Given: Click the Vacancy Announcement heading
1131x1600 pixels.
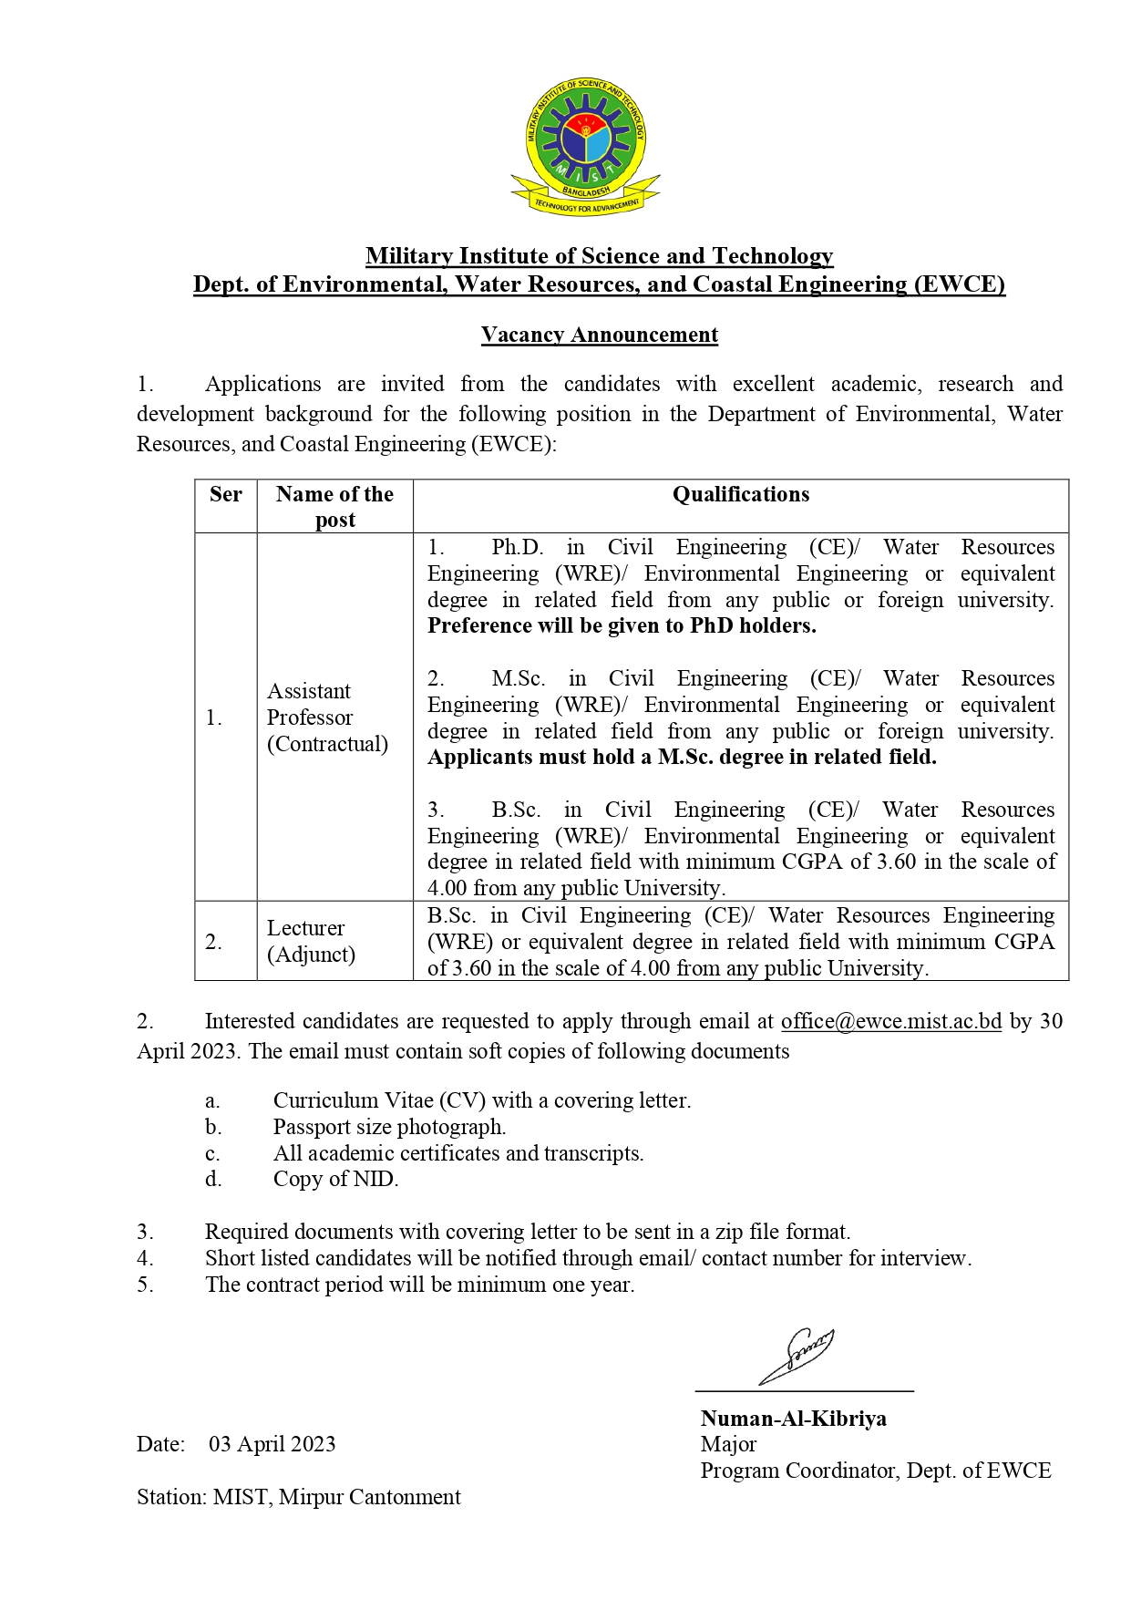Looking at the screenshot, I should pos(600,335).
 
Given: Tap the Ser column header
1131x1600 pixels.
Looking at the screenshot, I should pos(226,494).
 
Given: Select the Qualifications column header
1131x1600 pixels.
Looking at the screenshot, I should pos(740,494).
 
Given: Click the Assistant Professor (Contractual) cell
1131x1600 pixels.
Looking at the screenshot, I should pos(327,717).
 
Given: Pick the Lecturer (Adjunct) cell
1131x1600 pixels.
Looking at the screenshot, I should pos(311,941).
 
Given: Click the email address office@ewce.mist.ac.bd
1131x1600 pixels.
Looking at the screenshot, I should pos(890,1021).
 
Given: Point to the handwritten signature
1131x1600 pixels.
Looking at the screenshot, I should pos(797,1355).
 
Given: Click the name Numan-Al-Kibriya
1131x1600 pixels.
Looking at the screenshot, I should pos(793,1419).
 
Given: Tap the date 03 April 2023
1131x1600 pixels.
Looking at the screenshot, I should pos(272,1444).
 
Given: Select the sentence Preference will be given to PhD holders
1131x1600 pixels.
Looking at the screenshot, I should pos(622,625).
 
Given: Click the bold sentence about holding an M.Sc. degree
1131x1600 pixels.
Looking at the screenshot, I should pos(682,757).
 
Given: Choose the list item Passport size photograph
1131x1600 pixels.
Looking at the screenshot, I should pos(389,1127).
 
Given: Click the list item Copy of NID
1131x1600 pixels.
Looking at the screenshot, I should pos(335,1179).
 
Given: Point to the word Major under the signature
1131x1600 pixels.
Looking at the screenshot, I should pos(728,1444).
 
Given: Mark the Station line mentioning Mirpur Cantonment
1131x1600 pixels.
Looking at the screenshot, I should pos(299,1497).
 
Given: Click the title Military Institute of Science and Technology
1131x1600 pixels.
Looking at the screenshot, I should pos(599,256).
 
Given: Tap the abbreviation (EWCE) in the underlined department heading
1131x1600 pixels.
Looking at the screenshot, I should pos(959,284).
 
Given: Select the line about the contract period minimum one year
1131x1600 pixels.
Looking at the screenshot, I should pos(419,1285).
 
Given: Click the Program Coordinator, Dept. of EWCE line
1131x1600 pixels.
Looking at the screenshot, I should pos(875,1471).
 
